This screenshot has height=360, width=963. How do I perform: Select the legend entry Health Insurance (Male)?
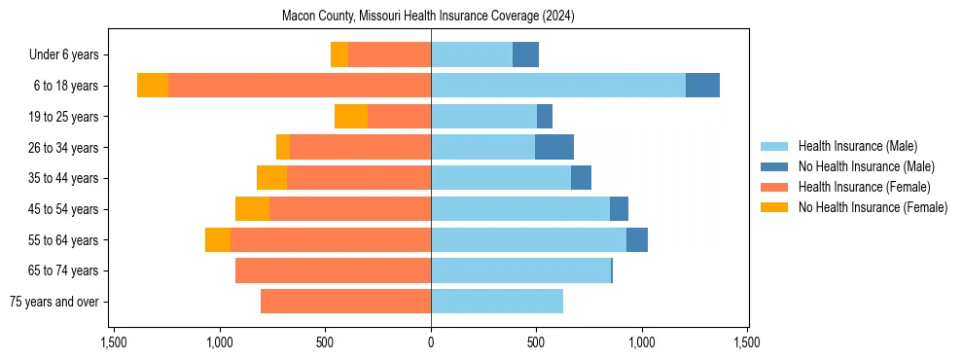(x=857, y=146)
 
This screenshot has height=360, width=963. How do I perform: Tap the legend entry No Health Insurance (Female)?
(x=873, y=207)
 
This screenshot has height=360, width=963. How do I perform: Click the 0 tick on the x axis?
(x=431, y=343)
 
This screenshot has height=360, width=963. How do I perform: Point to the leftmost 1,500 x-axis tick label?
(x=114, y=343)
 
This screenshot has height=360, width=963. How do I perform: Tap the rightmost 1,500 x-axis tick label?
(x=747, y=343)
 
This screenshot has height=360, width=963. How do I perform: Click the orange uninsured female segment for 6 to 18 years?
(x=153, y=86)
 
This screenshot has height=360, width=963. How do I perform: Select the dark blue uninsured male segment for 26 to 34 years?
(x=554, y=147)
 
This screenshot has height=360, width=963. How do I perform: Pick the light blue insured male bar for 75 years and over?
(x=497, y=302)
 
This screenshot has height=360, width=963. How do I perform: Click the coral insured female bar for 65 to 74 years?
(x=333, y=270)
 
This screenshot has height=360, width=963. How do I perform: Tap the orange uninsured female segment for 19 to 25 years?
(x=351, y=117)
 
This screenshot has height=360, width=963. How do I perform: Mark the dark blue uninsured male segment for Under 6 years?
(x=525, y=54)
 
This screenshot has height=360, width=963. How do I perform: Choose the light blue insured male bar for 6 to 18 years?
(x=558, y=86)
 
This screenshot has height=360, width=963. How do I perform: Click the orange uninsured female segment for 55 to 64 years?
(x=218, y=239)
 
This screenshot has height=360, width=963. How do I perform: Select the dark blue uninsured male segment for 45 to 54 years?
(x=619, y=209)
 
